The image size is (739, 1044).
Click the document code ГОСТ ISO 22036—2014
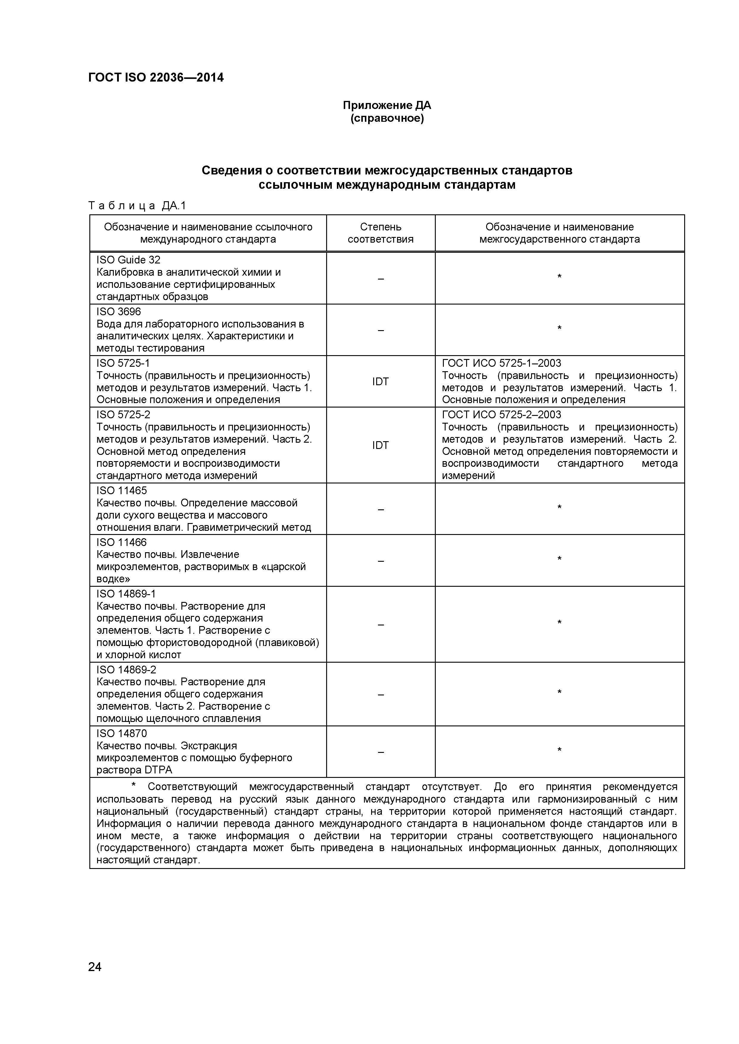tap(155, 78)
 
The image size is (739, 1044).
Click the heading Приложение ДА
tap(387, 105)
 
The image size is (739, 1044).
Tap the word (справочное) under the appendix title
tap(387, 119)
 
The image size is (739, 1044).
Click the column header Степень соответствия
tap(380, 233)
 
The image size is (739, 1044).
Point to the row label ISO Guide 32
tap(128, 260)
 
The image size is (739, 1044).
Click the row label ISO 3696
tap(119, 311)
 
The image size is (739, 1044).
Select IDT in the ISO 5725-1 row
tap(380, 382)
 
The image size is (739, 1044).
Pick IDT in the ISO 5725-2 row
tap(380, 445)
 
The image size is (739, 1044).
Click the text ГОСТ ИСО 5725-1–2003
tap(502, 363)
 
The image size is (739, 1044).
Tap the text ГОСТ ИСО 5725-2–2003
tap(502, 415)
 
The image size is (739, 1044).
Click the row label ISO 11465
tap(122, 491)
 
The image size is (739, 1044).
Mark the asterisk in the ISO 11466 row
tap(559, 559)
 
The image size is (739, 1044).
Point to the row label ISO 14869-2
tap(126, 670)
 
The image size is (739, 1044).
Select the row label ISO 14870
tap(122, 734)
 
